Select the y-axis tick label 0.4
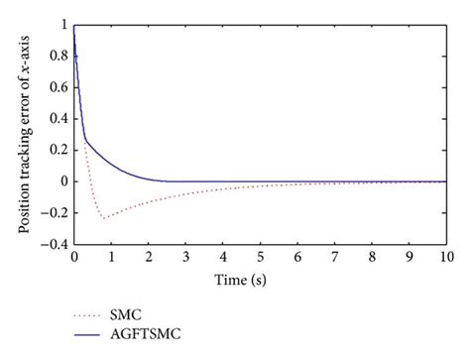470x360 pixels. [x=59, y=118]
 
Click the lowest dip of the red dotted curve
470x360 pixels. [x=102, y=217]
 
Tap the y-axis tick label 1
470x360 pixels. [x=64, y=24]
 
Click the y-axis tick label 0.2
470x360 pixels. [x=59, y=150]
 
